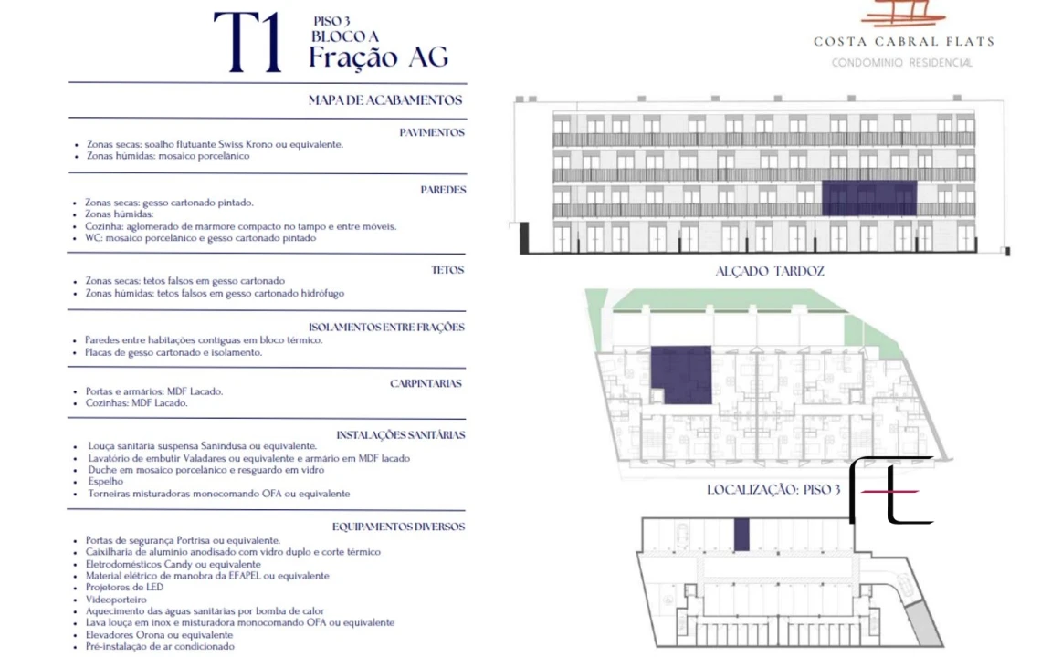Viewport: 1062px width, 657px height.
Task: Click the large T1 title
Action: (x=247, y=42)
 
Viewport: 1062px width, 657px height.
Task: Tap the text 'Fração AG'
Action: (x=378, y=57)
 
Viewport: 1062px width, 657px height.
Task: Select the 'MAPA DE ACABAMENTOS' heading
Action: (x=384, y=100)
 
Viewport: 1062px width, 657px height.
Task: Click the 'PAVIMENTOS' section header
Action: (x=431, y=132)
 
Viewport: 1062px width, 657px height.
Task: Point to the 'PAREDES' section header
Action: (x=443, y=190)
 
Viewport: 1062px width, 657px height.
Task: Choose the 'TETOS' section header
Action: (x=447, y=270)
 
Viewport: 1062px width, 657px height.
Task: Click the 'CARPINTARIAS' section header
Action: (x=426, y=383)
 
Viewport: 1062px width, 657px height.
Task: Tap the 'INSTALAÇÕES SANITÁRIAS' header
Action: (x=400, y=435)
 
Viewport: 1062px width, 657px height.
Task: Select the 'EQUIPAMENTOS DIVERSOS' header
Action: (x=398, y=527)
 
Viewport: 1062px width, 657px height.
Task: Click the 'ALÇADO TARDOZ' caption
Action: (x=770, y=271)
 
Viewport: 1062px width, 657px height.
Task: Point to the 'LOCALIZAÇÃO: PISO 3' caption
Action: (x=773, y=490)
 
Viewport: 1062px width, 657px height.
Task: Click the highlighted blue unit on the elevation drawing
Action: (x=869, y=198)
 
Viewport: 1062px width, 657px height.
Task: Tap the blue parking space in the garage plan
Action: (x=741, y=535)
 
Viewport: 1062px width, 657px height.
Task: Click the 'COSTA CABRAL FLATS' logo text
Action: (x=904, y=42)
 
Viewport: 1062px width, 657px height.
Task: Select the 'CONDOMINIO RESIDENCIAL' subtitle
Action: (x=902, y=63)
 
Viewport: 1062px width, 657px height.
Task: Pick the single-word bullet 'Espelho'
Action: (x=106, y=481)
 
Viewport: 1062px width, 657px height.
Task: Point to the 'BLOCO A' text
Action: (x=345, y=36)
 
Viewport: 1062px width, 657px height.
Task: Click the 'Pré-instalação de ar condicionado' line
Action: (x=160, y=646)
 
